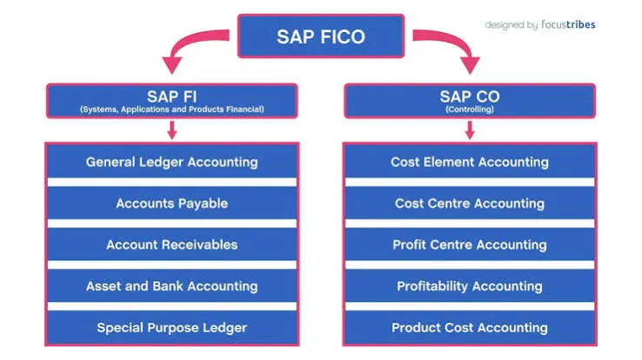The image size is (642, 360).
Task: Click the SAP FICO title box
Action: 321,36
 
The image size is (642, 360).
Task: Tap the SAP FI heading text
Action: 172,97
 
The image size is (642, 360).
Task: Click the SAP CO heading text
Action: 470,97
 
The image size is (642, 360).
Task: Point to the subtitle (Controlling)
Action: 470,110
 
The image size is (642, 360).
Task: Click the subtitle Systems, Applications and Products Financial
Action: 172,110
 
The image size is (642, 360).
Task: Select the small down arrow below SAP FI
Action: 172,130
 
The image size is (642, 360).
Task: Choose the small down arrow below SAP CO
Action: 470,130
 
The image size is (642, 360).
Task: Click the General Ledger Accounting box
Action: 172,162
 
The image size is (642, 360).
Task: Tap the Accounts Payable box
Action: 172,203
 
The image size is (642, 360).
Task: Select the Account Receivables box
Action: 172,244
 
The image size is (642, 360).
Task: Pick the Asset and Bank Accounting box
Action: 172,286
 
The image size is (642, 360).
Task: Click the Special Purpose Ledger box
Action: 172,327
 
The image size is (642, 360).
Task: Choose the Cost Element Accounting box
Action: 470,162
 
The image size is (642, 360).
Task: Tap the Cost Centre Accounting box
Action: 470,203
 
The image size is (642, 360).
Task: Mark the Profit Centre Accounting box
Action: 470,244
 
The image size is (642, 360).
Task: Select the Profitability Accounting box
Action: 470,286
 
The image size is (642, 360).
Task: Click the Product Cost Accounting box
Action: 470,327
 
